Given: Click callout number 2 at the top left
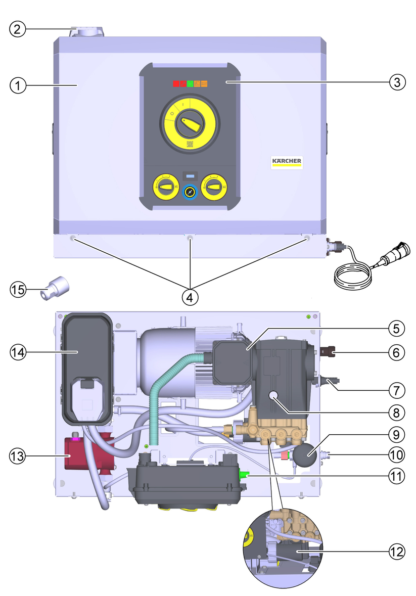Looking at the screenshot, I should [18, 29].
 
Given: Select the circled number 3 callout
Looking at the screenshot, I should [398, 82].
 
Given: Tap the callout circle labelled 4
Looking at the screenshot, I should [190, 297].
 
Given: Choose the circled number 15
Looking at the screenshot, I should [18, 290].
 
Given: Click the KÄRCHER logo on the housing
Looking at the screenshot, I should [287, 162].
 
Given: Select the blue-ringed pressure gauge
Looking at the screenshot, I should [190, 192].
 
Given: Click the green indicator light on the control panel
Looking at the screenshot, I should [190, 84].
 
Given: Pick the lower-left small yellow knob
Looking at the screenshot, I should [164, 188].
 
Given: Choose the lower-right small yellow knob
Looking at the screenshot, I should [215, 188].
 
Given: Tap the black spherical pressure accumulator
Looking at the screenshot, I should [305, 456].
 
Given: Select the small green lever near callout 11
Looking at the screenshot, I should [244, 475].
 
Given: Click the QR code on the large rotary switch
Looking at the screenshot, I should [190, 144].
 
